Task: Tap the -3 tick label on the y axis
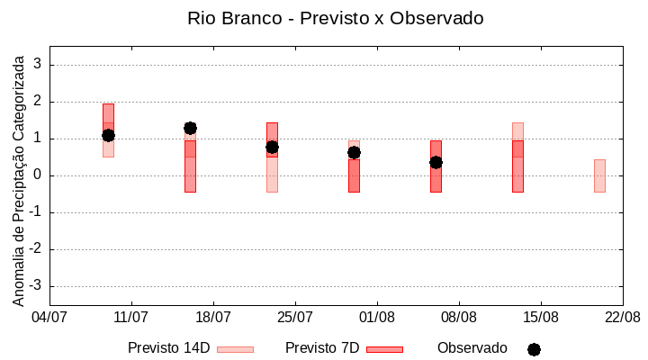(x=35, y=286)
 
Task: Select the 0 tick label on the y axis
(x=38, y=175)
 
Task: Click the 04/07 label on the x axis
(x=49, y=318)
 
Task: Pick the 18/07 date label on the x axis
(x=213, y=318)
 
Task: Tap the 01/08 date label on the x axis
(x=377, y=318)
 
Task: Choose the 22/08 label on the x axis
(x=623, y=318)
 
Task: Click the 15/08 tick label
(x=541, y=318)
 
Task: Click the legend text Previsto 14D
(x=168, y=348)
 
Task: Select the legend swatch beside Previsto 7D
(x=384, y=349)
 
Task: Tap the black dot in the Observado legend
(x=534, y=349)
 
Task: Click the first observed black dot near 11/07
(x=108, y=135)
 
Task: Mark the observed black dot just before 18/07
(x=190, y=128)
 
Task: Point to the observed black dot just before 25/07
(x=272, y=147)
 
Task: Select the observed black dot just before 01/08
(x=354, y=152)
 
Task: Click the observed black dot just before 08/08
(x=436, y=162)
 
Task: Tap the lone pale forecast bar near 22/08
(x=599, y=175)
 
